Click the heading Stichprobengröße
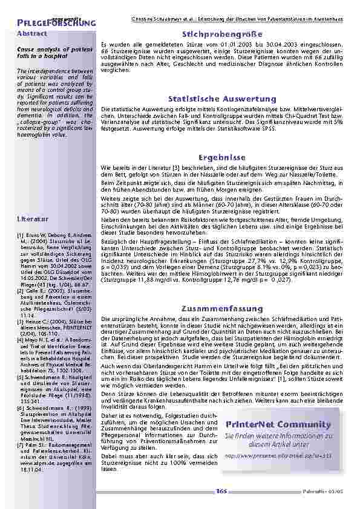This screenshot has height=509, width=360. (x=220, y=34)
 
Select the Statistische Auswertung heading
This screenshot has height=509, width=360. (x=222, y=99)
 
